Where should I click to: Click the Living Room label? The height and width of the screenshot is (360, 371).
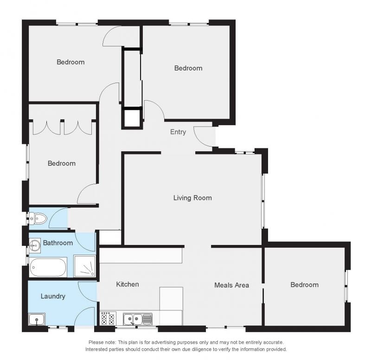pyautogui.click(x=192, y=198)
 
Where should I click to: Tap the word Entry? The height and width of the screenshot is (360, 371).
pyautogui.click(x=178, y=132)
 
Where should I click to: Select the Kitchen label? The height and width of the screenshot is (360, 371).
pyautogui.click(x=127, y=284)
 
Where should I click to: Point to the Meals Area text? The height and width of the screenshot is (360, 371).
pyautogui.click(x=231, y=285)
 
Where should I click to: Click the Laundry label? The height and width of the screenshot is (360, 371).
pyautogui.click(x=53, y=296)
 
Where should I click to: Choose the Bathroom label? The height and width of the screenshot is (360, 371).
pyautogui.click(x=58, y=243)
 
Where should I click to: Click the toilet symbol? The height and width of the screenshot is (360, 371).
pyautogui.click(x=38, y=218)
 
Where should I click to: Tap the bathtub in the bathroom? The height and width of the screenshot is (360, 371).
pyautogui.click(x=48, y=268)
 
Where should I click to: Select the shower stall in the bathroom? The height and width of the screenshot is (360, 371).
pyautogui.click(x=85, y=266)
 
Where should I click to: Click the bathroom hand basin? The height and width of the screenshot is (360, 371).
pyautogui.click(x=34, y=246)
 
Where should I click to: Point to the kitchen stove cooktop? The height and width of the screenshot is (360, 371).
pyautogui.click(x=108, y=318)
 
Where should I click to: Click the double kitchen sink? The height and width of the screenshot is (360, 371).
pyautogui.click(x=137, y=319)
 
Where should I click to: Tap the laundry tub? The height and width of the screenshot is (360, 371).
pyautogui.click(x=37, y=319)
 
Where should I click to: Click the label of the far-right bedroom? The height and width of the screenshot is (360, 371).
pyautogui.click(x=304, y=285)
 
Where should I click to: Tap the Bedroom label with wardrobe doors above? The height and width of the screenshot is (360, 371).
pyautogui.click(x=62, y=163)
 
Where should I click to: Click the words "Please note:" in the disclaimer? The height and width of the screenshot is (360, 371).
pyautogui.click(x=102, y=342)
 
